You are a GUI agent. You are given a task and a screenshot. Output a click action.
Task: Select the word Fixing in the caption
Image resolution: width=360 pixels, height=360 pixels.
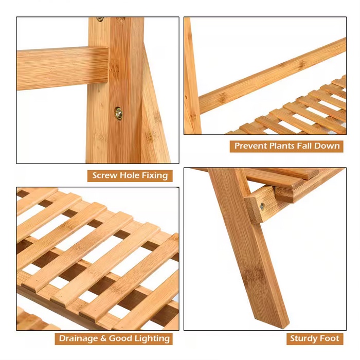[154, 176]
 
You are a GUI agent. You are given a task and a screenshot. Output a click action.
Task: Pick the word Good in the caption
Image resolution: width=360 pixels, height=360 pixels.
[120, 338]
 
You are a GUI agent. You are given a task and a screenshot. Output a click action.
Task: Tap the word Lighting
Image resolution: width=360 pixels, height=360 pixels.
[152, 339]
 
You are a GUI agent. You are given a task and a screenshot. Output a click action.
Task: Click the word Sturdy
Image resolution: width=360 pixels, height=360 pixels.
[303, 339]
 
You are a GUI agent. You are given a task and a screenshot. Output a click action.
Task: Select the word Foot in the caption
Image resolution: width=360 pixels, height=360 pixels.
[329, 338]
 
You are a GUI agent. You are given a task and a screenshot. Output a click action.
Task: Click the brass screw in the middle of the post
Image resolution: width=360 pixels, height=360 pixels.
[118, 114]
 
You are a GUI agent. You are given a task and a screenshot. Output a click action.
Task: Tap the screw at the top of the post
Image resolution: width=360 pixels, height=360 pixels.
[100, 19]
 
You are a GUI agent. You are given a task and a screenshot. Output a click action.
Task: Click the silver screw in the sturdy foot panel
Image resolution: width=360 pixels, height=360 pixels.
[262, 207]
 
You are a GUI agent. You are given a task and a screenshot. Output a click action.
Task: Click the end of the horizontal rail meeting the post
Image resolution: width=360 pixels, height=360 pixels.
[107, 65]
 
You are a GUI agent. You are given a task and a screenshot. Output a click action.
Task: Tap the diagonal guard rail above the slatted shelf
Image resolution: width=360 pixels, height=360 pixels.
[272, 76]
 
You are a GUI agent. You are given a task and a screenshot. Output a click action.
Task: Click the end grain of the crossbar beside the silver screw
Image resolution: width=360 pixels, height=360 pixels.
[253, 210]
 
